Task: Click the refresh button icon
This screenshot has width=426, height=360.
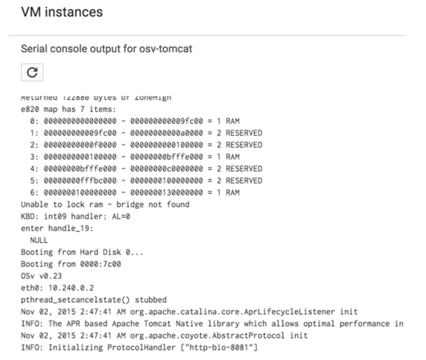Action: pyautogui.click(x=32, y=72)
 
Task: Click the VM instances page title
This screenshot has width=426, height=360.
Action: pyautogui.click(x=62, y=12)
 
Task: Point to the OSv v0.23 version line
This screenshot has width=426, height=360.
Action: pyautogui.click(x=41, y=276)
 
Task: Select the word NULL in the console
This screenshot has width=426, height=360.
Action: pyautogui.click(x=39, y=240)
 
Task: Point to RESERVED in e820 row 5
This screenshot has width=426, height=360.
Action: pyautogui.click(x=244, y=181)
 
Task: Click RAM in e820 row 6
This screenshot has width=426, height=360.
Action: pyautogui.click(x=233, y=193)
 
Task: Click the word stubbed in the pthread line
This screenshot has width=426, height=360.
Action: pyautogui.click(x=151, y=300)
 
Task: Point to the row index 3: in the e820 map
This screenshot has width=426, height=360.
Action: pyautogui.click(x=35, y=157)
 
